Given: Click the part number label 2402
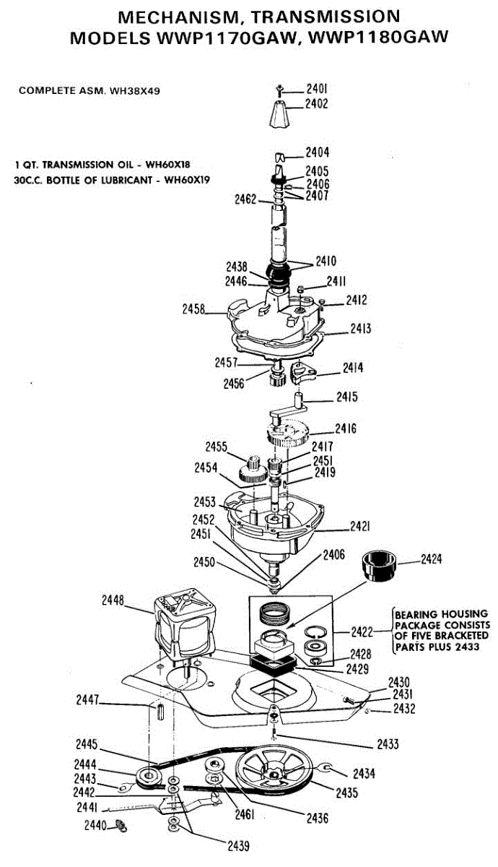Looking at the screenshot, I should [x=317, y=103].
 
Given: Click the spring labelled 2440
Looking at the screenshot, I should [x=121, y=825].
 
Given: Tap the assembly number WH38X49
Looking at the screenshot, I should [x=145, y=91].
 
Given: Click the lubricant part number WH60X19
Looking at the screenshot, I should [x=187, y=180].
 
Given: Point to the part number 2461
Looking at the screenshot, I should [x=245, y=815].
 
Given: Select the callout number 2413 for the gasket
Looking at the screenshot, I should [x=361, y=329].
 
